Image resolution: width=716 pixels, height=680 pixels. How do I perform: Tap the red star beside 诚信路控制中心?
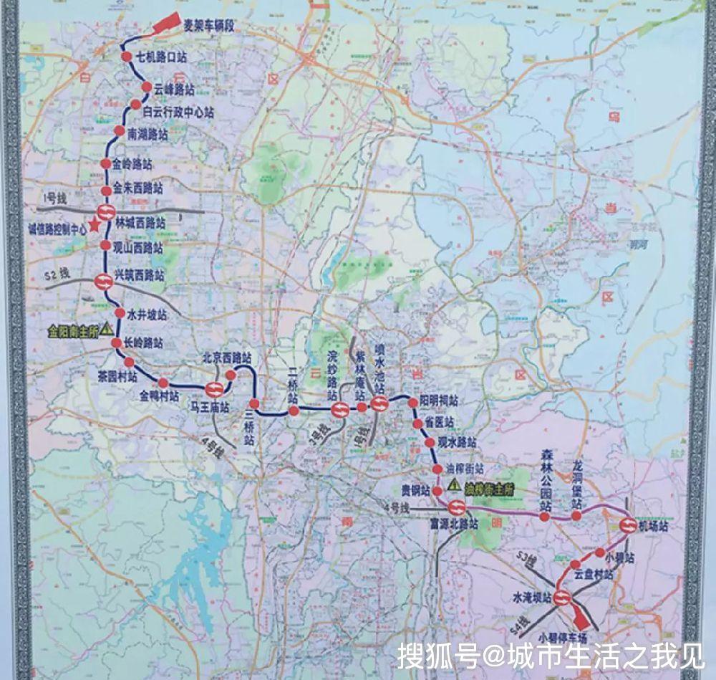click(94, 225)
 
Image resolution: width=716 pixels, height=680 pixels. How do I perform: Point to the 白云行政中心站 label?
click(178, 112)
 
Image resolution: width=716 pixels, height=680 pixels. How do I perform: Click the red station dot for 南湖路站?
click(119, 130)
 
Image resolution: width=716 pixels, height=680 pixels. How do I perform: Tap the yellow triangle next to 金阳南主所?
click(107, 329)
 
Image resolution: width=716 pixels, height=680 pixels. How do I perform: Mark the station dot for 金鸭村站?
click(163, 383)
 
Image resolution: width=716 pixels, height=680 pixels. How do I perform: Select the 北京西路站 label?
click(226, 357)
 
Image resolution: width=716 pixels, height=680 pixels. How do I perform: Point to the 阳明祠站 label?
click(439, 401)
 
